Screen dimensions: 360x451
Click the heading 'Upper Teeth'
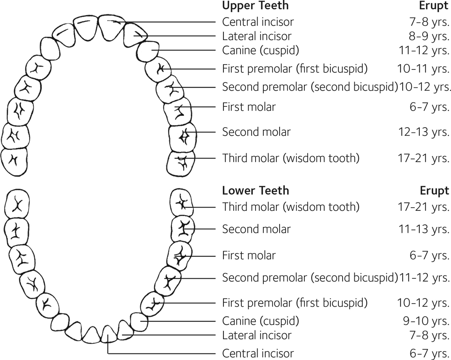click(x=255, y=6)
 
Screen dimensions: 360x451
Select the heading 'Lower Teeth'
click(x=256, y=191)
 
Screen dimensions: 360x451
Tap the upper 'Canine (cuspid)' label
click(x=260, y=51)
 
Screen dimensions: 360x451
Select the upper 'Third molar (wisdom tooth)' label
click(x=291, y=158)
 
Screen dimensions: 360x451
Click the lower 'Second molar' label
click(x=256, y=229)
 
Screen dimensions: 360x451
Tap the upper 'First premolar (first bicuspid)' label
click(x=295, y=69)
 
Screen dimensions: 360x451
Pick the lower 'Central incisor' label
click(x=258, y=353)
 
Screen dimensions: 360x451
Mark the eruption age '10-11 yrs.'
click(x=423, y=69)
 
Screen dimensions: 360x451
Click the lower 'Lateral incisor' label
click(x=257, y=336)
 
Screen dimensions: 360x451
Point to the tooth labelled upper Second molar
click(x=182, y=138)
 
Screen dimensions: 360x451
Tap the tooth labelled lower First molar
click(x=178, y=255)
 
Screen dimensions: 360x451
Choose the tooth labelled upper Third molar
click(x=181, y=163)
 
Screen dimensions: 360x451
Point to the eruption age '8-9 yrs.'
click(x=426, y=36)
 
